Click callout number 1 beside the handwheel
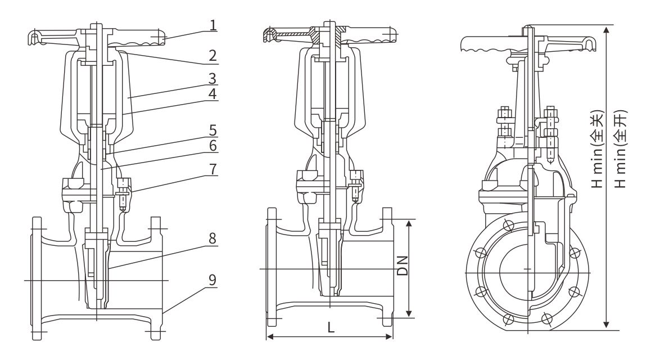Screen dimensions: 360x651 (x=213, y=26)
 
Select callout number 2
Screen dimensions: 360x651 (x=213, y=55)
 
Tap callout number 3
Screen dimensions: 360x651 (x=213, y=78)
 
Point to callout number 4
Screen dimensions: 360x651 (x=213, y=94)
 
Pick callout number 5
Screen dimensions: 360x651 (x=213, y=130)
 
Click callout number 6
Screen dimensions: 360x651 (x=213, y=146)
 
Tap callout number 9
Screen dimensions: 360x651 (x=213, y=279)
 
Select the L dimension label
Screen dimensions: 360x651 (x=331, y=329)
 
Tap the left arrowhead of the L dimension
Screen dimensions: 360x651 (x=268, y=337)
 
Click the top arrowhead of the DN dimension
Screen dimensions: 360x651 (x=409, y=222)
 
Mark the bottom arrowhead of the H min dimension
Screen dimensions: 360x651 (x=606, y=325)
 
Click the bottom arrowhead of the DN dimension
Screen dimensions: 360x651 (x=409, y=314)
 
